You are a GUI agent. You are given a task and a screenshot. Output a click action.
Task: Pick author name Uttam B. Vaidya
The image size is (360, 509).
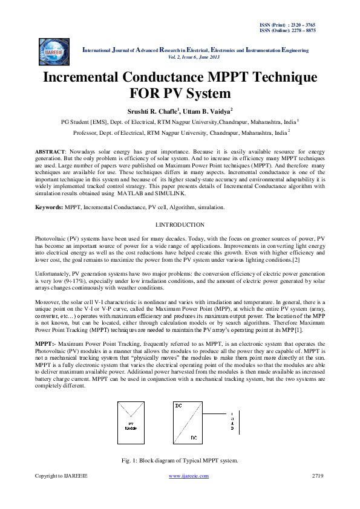point(208,111)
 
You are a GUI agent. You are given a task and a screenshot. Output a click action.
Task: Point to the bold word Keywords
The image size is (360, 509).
point(49,207)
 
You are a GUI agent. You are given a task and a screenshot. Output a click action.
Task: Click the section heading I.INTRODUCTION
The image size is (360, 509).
point(180,224)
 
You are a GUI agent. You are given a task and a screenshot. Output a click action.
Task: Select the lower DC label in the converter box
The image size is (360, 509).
point(193,437)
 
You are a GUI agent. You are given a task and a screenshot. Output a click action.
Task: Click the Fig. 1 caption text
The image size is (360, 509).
point(180,461)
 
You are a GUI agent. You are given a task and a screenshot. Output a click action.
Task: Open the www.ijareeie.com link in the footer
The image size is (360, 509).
point(188,476)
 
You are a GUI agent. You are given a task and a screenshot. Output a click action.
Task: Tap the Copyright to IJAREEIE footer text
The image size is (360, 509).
point(61,476)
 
